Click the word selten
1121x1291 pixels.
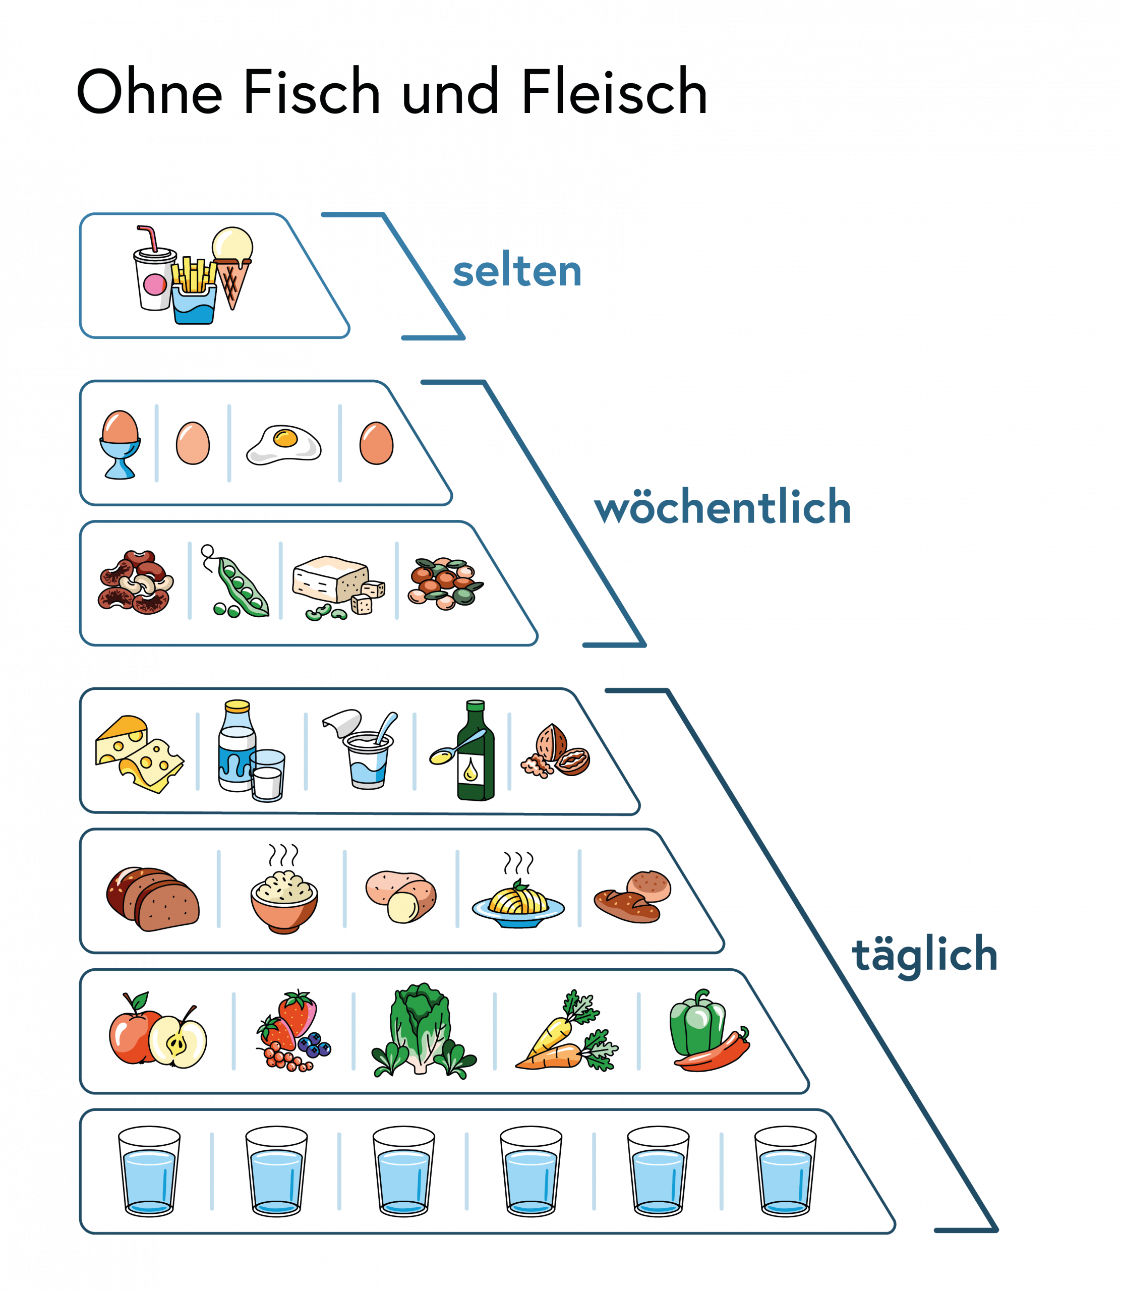point(517,272)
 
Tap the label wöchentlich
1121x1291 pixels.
point(722,507)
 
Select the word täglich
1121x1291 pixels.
point(924,955)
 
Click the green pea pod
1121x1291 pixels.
point(241,585)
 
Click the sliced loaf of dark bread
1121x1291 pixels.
point(153,899)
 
